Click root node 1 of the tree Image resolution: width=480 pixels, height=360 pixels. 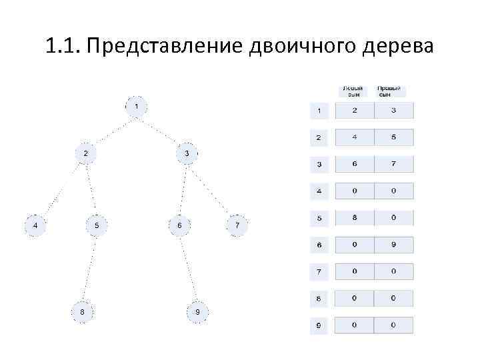(136, 107)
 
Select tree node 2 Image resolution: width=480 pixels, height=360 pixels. (85, 153)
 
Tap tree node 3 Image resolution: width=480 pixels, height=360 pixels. (187, 153)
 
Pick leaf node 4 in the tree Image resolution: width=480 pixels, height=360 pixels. (35, 226)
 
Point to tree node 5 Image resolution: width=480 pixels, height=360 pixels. (97, 226)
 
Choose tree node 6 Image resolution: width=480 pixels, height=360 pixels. (179, 226)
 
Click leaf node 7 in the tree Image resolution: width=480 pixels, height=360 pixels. (237, 226)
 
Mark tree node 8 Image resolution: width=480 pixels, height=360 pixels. (82, 311)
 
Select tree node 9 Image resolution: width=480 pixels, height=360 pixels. (198, 311)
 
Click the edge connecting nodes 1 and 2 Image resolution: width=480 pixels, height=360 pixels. (111, 130)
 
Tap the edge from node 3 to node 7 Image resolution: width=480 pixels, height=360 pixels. (212, 189)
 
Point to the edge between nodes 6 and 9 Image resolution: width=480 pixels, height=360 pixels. (189, 269)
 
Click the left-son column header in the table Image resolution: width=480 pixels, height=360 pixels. (354, 91)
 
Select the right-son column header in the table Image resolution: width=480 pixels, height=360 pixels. (391, 91)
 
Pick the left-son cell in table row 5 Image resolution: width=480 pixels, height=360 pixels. (355, 218)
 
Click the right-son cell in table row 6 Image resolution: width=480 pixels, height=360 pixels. (393, 245)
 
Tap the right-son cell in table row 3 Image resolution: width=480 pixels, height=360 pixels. (393, 164)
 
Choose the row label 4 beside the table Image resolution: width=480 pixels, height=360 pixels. (319, 191)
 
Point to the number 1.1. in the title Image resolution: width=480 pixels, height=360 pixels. (63, 47)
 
